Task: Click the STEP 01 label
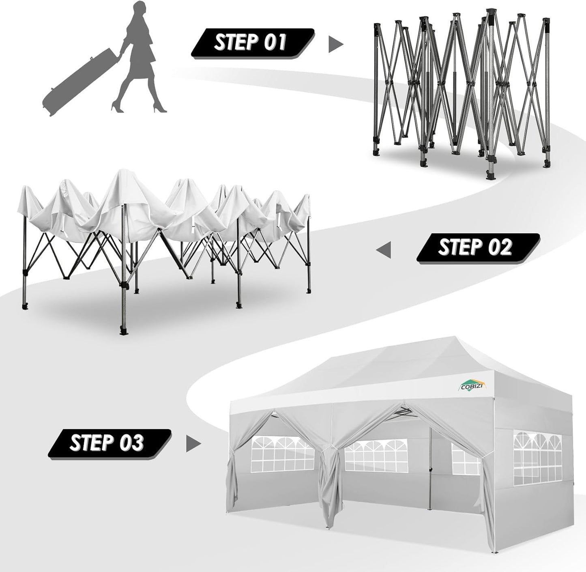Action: [251, 42]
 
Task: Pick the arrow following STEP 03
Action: [193, 444]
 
